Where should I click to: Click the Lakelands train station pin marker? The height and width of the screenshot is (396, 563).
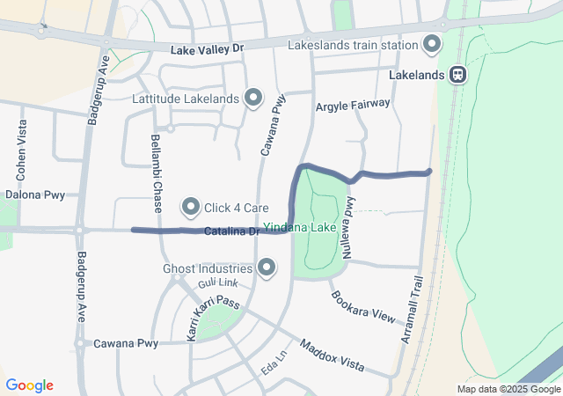click(x=432, y=43)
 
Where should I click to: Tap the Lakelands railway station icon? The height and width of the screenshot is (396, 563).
click(x=457, y=75)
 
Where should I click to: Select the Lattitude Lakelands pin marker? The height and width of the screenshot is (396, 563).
click(x=253, y=98)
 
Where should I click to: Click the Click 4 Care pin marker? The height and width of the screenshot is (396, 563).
click(x=191, y=208)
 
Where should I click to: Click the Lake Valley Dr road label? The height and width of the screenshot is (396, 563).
click(x=206, y=51)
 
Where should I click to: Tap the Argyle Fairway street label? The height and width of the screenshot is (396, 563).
click(x=352, y=105)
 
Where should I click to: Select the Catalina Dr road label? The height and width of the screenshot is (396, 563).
click(x=230, y=231)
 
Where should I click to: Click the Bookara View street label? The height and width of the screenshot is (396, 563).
click(x=363, y=304)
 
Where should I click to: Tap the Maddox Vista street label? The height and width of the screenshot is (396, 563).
click(x=332, y=355)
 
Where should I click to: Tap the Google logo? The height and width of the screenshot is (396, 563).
click(x=30, y=385)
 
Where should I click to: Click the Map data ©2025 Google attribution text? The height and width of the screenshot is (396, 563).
click(x=508, y=389)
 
